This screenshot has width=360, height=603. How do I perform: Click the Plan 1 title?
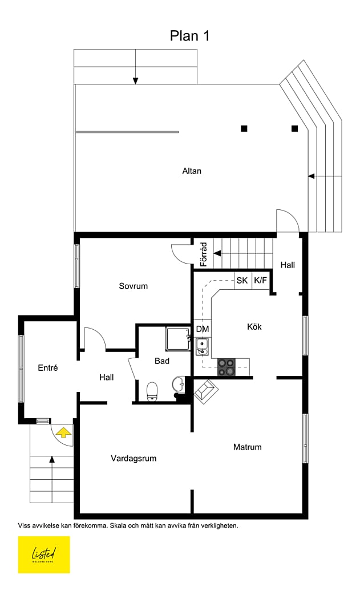[189, 36]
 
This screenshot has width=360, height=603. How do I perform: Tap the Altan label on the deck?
[192, 171]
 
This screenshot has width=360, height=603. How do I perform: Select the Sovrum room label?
[133, 286]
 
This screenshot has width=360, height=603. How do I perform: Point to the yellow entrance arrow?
[63, 432]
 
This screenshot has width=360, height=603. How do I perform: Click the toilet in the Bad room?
[152, 392]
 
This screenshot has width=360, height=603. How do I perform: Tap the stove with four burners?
[226, 367]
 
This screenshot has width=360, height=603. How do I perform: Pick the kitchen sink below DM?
[201, 346]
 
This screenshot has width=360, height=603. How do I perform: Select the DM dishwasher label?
[203, 329]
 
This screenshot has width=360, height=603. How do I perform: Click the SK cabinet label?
[242, 280]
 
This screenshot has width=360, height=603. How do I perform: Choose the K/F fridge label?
[260, 280]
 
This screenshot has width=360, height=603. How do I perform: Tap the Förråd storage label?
[204, 254]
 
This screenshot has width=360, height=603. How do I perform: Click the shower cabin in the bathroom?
[177, 339]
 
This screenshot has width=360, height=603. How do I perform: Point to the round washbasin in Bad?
[179, 384]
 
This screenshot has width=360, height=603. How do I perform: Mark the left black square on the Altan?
[244, 128]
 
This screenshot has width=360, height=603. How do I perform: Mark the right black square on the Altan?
[294, 128]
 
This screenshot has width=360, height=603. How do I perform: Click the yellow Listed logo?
[44, 555]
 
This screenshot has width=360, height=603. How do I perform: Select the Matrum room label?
[247, 447]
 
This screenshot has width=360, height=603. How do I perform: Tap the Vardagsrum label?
[134, 458]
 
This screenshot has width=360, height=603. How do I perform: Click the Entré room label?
[48, 367]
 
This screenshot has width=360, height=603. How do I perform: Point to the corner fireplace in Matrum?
[206, 391]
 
